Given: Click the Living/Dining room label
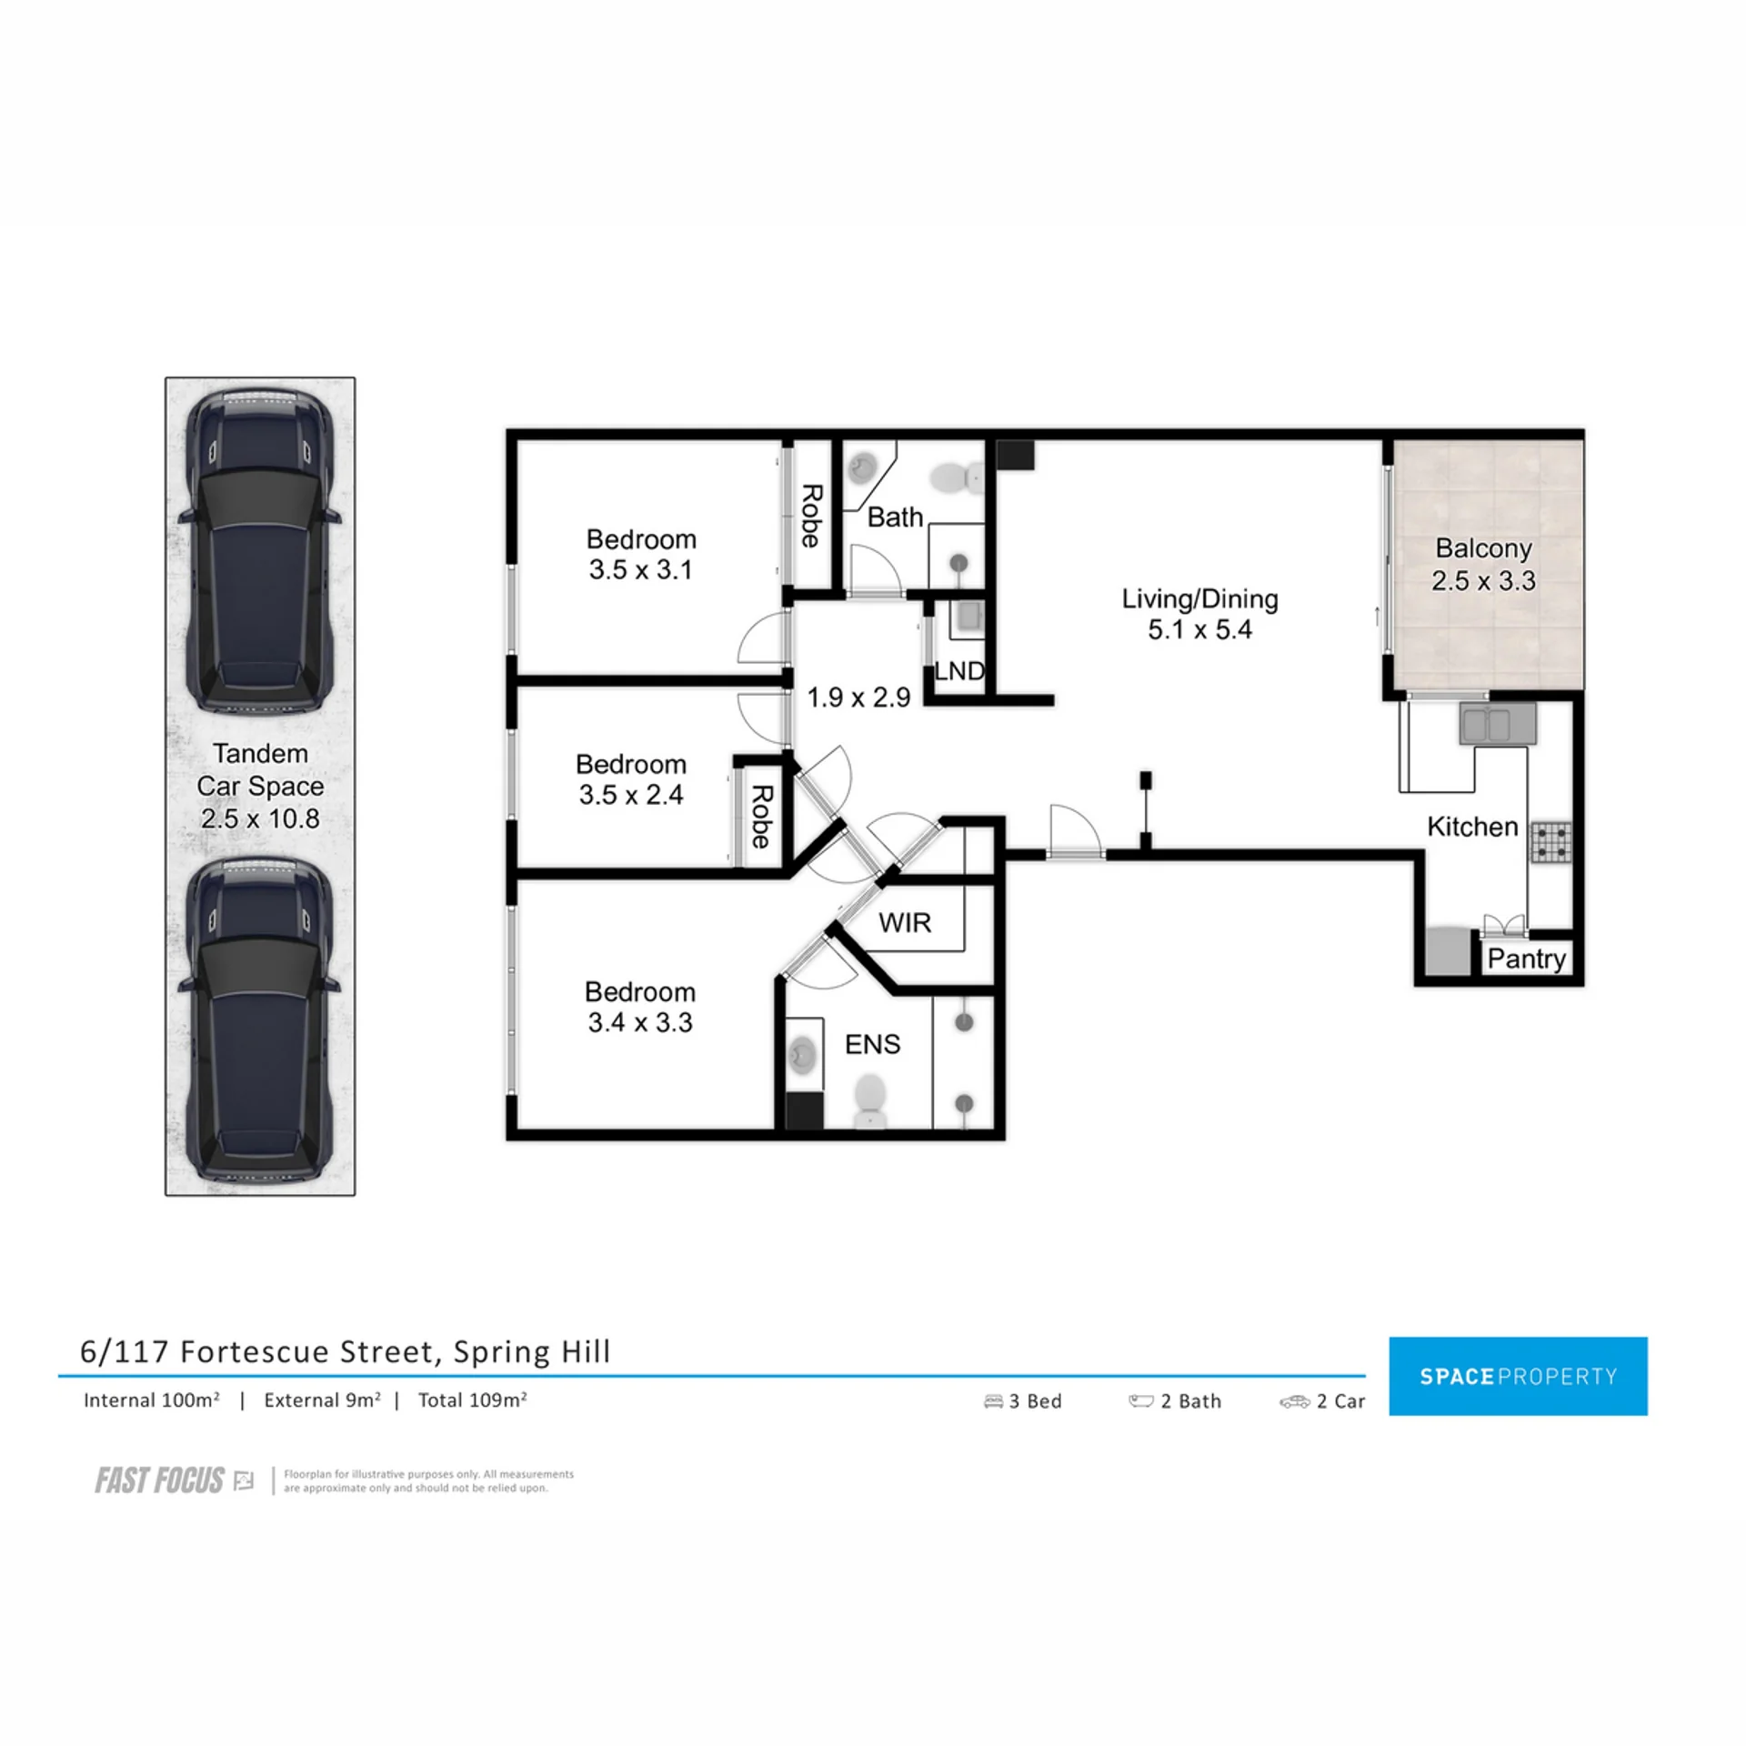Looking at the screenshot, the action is click(1199, 599).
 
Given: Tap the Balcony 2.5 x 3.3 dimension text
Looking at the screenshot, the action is click(1483, 580).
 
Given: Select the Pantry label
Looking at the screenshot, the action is click(1526, 958).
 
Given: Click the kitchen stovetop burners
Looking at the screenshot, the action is click(1551, 842).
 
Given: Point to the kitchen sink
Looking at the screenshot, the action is click(1498, 724).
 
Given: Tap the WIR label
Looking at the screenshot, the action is click(905, 923).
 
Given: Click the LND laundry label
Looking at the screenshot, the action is click(959, 671).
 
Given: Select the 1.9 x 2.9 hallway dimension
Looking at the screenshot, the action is click(858, 697).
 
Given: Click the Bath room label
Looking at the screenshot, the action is click(895, 517).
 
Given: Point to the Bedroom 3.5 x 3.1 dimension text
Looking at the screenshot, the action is click(640, 570).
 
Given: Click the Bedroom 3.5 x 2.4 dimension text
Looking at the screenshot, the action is click(631, 795).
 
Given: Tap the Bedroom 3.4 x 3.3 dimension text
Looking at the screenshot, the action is click(640, 1022).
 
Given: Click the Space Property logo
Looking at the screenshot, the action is click(1518, 1376).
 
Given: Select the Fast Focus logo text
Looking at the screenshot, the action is click(160, 1481).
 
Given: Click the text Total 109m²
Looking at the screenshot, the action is click(472, 1400).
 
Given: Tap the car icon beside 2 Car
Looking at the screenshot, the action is click(1294, 1402).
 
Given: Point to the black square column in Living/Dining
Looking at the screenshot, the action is click(1015, 456).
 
